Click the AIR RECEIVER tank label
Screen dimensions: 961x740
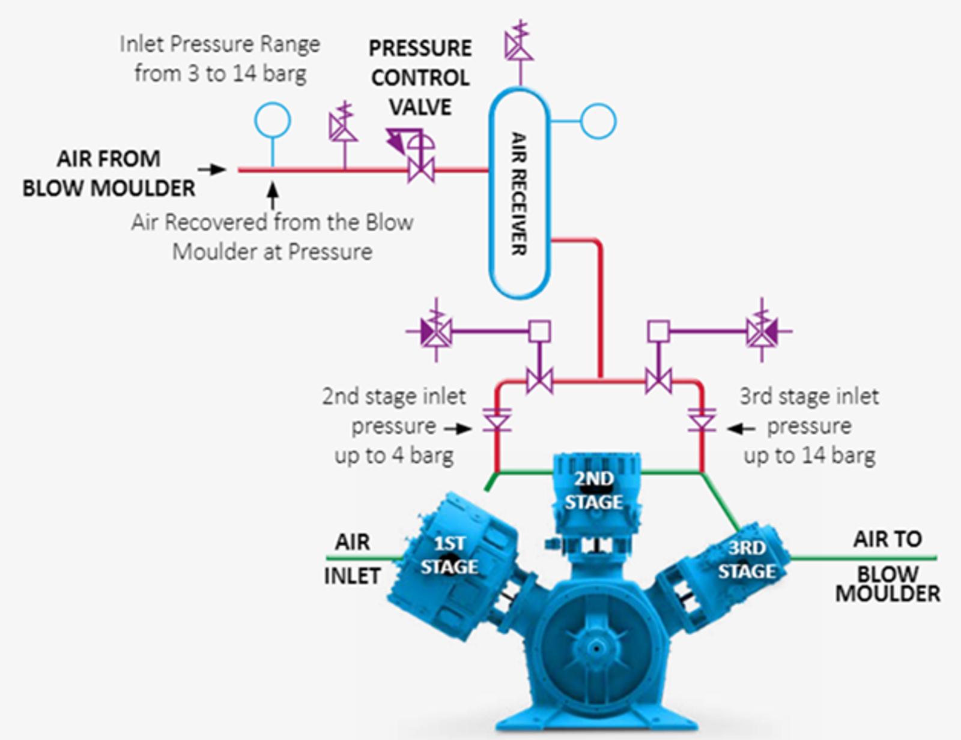point(519,193)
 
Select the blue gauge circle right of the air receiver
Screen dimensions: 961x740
point(598,121)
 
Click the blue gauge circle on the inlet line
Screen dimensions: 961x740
point(273,121)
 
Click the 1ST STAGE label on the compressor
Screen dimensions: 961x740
point(449,555)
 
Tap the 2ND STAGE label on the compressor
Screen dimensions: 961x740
point(594,490)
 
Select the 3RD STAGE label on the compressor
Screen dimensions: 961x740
point(747,560)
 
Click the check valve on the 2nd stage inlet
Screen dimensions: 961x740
point(497,420)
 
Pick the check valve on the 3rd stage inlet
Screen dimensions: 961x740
point(702,420)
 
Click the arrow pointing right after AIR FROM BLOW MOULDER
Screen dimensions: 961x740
point(212,169)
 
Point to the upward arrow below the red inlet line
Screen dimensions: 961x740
point(273,196)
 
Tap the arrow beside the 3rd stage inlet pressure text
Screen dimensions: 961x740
point(741,429)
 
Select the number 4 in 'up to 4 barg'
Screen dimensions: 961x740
point(398,456)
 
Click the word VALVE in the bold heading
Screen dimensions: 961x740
point(420,107)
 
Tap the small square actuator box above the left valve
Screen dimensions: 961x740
point(539,331)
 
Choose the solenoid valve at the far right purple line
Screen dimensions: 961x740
point(762,330)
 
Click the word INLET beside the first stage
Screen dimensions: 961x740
point(352,576)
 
